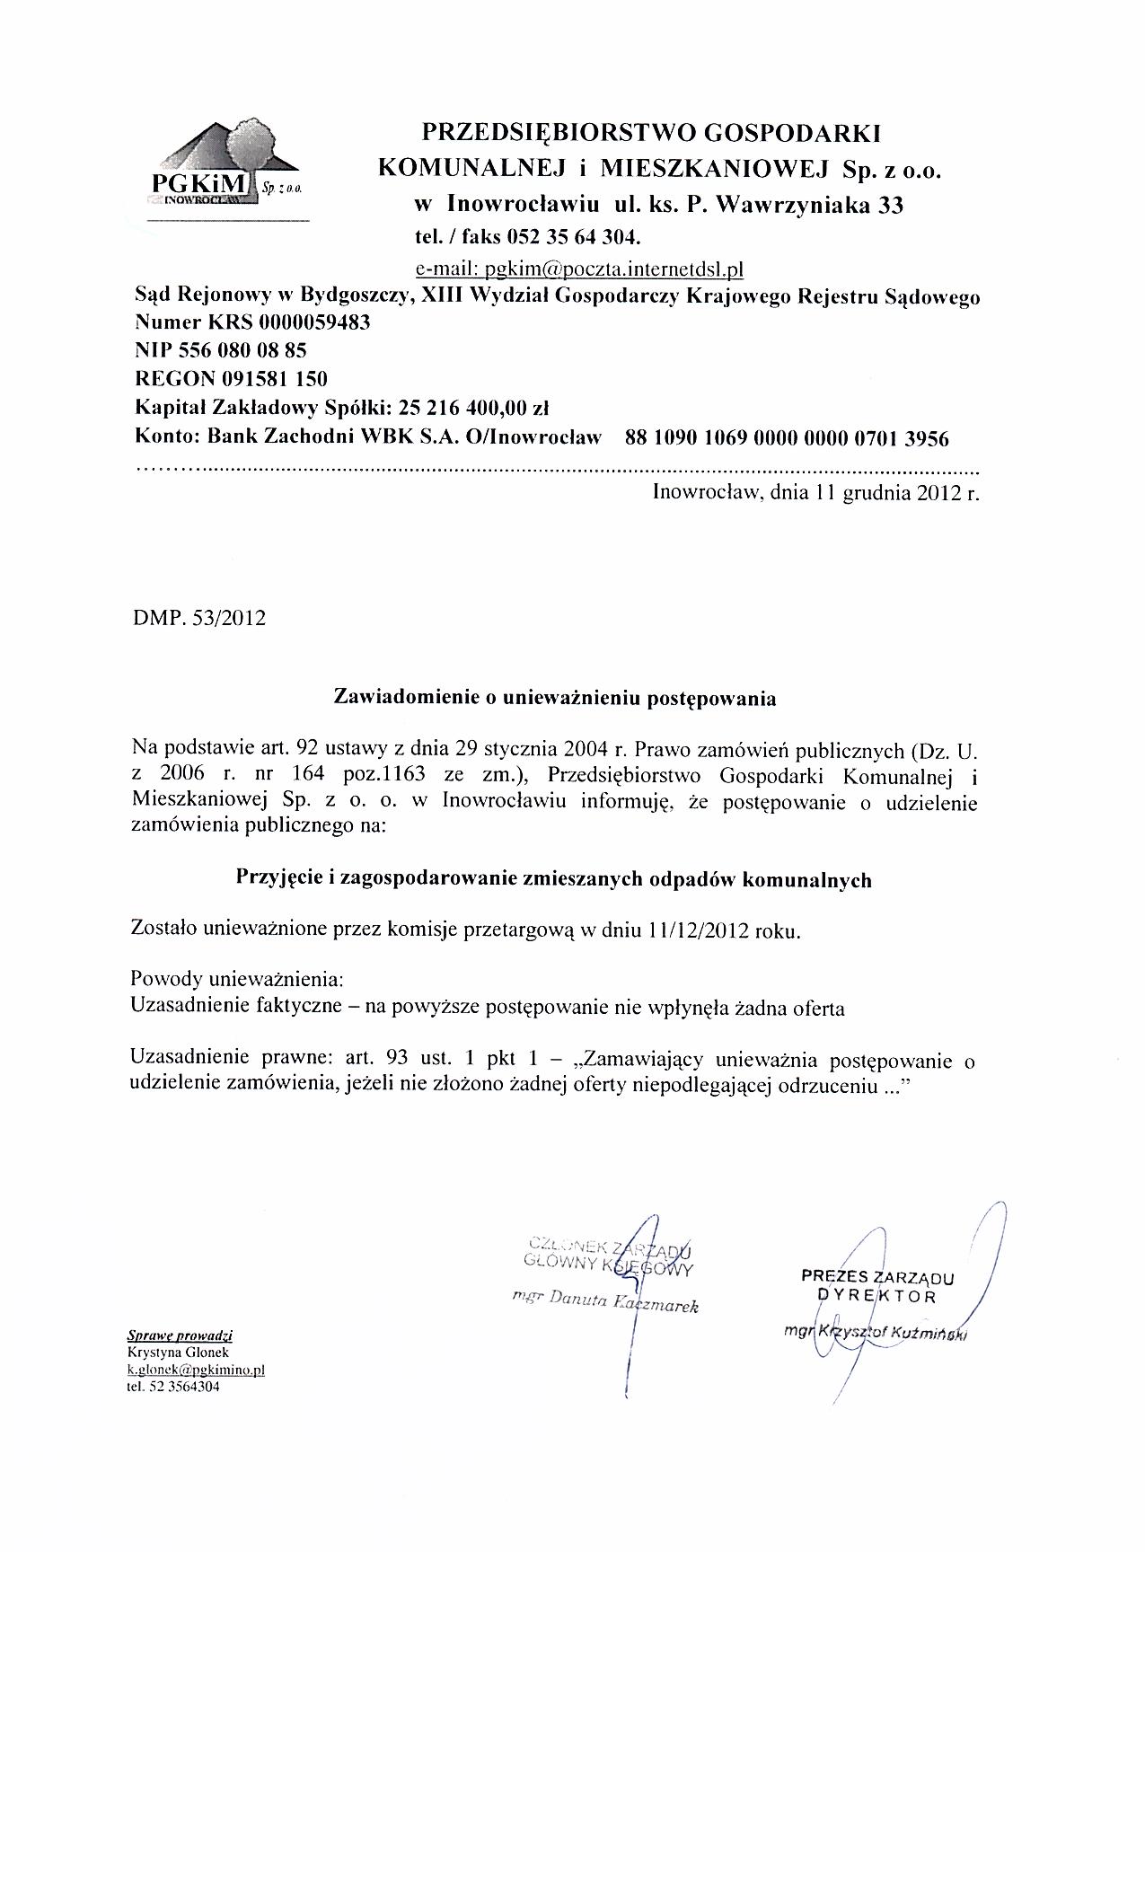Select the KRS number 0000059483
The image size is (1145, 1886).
click(314, 322)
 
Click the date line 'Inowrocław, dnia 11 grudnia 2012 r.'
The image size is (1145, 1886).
click(815, 493)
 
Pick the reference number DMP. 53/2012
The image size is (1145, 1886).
click(198, 619)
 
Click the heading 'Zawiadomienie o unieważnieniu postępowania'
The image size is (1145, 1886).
click(554, 698)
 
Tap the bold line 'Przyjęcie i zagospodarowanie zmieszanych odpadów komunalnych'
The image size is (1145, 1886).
click(553, 879)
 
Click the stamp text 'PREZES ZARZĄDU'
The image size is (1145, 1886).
click(877, 1277)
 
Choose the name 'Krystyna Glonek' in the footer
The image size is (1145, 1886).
click(179, 1353)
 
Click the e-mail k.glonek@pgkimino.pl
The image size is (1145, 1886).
click(196, 1370)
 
